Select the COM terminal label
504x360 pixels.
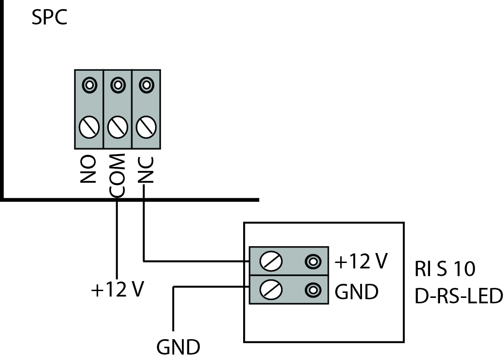click(117, 175)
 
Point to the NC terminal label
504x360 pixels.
click(146, 170)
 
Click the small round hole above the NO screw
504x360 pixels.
click(89, 84)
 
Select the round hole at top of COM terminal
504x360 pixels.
click(117, 84)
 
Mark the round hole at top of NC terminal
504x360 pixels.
click(146, 84)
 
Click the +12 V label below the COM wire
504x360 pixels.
click(117, 290)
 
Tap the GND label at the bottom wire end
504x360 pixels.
click(178, 348)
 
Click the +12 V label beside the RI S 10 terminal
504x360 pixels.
click(361, 262)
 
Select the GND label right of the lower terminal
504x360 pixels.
click(357, 292)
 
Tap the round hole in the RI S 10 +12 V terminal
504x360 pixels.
click(312, 261)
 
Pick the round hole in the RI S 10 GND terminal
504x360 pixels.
click(312, 289)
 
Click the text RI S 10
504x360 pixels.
click(445, 269)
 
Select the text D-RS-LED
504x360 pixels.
click(459, 297)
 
